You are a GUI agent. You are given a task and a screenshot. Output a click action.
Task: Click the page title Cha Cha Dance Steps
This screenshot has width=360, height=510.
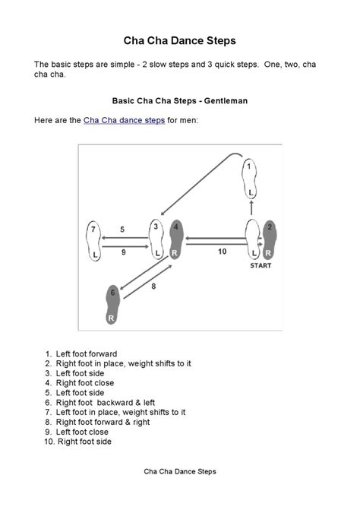(180, 40)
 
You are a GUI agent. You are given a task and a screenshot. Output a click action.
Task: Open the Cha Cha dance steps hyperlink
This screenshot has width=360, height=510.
(124, 120)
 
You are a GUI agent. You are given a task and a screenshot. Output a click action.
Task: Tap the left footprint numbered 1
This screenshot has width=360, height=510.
(249, 179)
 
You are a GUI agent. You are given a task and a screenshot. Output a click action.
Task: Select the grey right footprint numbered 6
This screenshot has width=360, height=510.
(112, 305)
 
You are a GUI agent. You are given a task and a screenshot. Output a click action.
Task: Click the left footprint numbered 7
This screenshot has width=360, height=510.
(93, 241)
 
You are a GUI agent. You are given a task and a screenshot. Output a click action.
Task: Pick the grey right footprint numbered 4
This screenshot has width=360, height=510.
(176, 239)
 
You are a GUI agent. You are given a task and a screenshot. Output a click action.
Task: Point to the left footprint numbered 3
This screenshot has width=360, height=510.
(156, 239)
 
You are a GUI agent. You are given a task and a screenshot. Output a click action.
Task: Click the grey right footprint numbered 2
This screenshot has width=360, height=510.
(270, 239)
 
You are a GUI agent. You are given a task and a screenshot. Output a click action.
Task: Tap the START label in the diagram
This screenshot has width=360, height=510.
(261, 265)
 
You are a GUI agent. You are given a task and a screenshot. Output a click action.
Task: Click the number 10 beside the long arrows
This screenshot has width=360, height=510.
(223, 252)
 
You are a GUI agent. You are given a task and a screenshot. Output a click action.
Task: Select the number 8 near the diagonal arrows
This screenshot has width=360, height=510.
(153, 287)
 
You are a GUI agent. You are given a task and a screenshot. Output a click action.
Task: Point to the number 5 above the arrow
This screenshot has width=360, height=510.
(122, 230)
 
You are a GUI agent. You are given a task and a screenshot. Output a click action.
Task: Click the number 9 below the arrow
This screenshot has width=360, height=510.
(124, 252)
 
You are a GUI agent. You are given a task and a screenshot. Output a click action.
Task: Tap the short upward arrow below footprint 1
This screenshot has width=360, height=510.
(251, 207)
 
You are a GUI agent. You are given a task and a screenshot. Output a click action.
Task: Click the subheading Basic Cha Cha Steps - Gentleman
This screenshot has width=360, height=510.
(180, 101)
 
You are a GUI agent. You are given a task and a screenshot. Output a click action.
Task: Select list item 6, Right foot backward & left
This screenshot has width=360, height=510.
(99, 403)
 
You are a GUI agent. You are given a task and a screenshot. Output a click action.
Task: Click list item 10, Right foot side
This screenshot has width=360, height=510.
(78, 442)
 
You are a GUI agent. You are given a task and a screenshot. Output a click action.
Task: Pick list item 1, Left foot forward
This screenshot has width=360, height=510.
(81, 354)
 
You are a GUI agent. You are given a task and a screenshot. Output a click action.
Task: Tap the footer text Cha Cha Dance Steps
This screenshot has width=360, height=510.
(180, 472)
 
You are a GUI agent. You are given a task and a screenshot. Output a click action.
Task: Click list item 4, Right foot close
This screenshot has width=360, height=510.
(79, 383)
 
